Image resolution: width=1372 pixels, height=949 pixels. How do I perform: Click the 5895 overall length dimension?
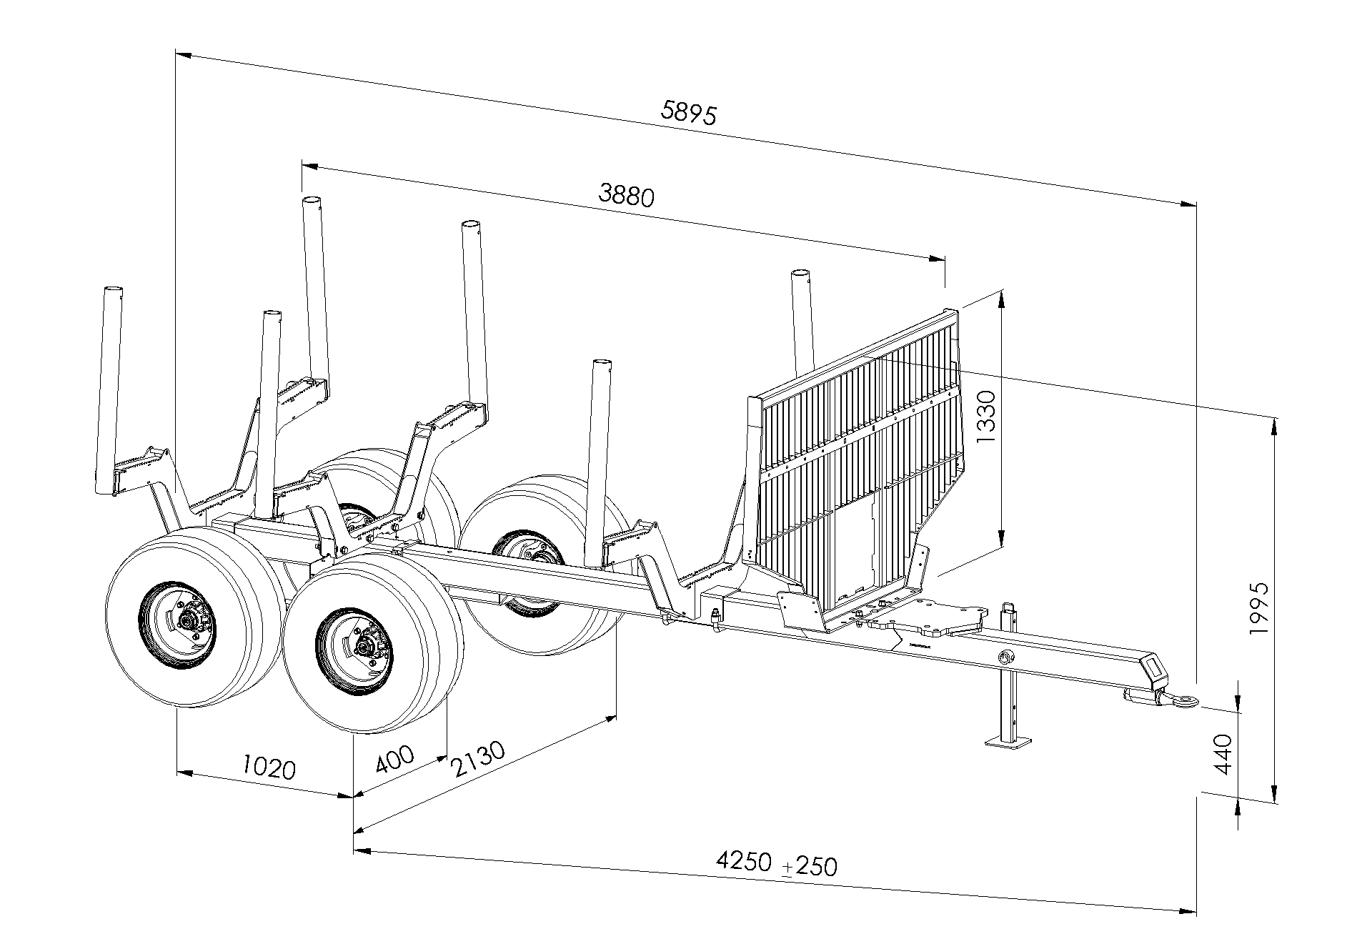tap(689, 113)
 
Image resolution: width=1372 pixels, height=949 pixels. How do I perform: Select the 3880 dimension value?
tap(626, 194)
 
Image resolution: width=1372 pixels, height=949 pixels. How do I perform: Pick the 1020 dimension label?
tap(268, 768)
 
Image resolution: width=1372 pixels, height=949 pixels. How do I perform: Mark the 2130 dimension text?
tap(478, 760)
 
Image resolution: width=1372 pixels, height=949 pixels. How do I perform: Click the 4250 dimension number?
tap(743, 860)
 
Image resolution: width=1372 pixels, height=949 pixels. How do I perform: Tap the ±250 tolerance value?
tap(810, 866)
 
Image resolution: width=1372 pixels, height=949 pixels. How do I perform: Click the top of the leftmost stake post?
tap(112, 290)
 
